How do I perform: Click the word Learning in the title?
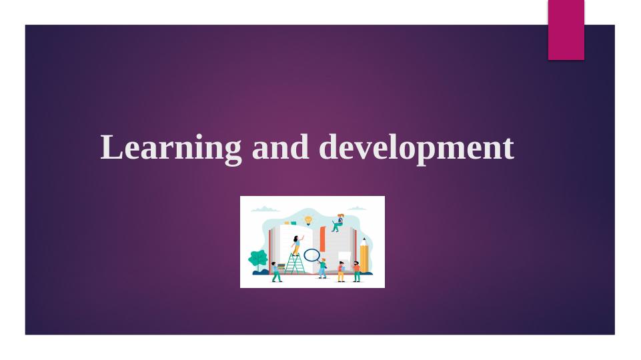[x=171, y=147]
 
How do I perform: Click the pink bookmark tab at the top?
[x=566, y=29]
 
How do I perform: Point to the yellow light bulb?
[x=308, y=219]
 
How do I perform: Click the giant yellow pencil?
[x=364, y=257]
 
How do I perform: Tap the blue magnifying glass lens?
[x=311, y=254]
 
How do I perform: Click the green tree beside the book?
[x=257, y=259]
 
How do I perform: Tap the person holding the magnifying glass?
[x=323, y=267]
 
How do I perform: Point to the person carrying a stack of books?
[x=275, y=271]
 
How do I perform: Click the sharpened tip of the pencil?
[x=364, y=239]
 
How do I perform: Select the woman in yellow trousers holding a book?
[x=341, y=271]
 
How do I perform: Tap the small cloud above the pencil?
[x=357, y=209]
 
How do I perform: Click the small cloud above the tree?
[x=265, y=209]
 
